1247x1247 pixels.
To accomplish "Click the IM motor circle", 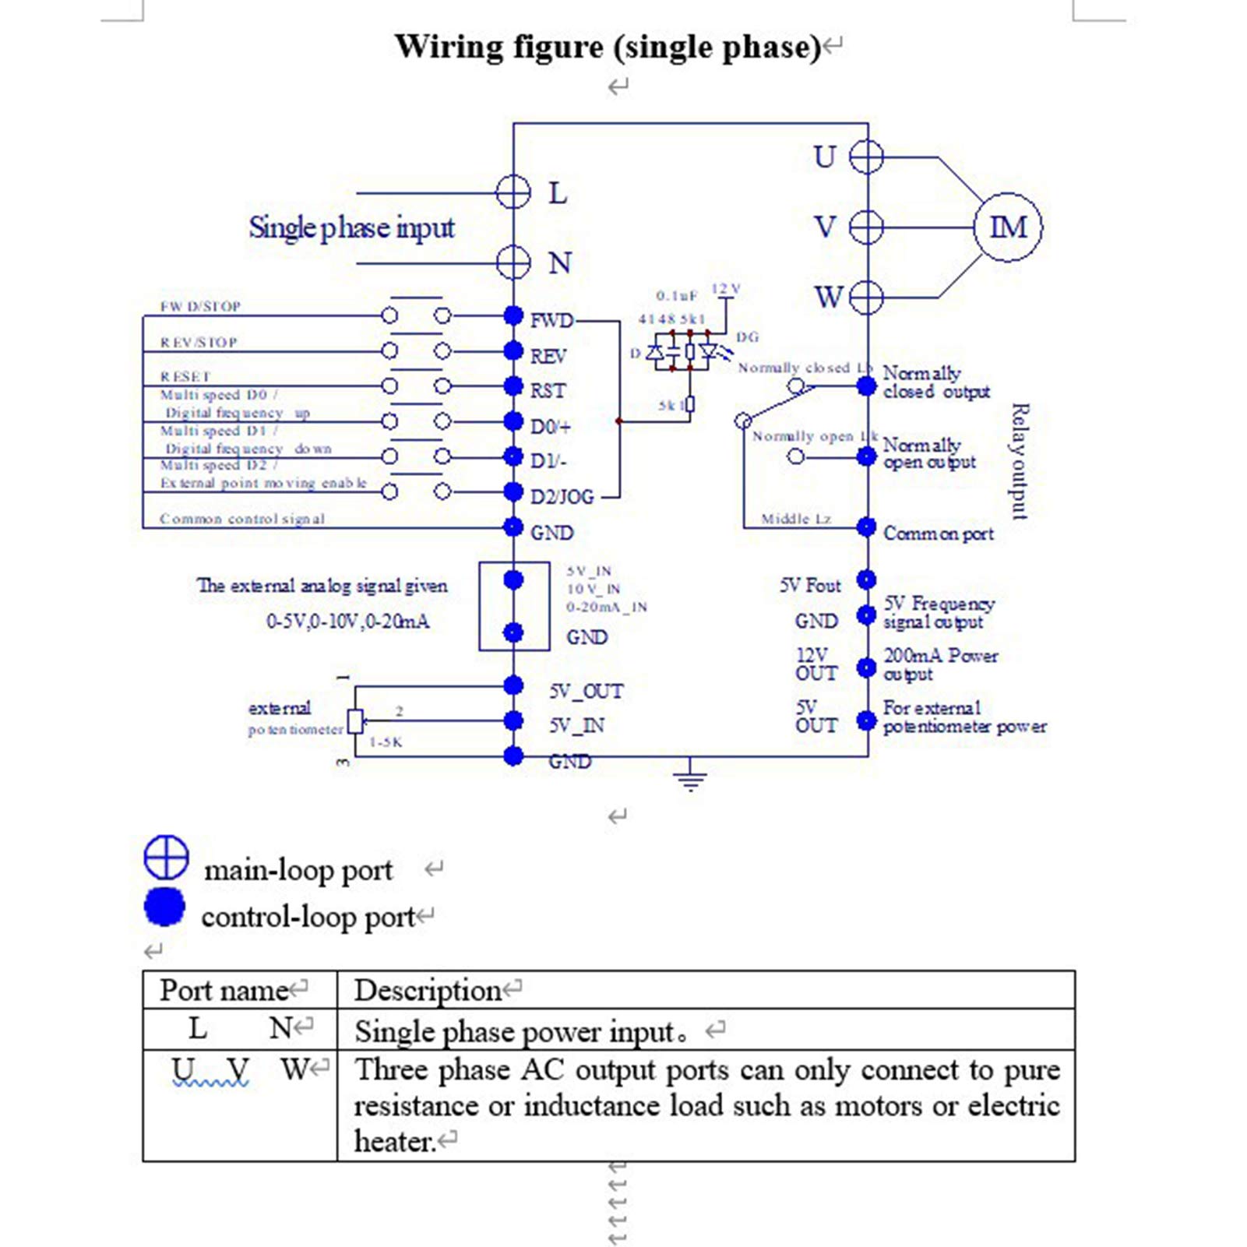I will [1008, 227].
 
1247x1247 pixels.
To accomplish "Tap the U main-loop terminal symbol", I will [866, 157].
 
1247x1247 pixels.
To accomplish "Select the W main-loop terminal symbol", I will [866, 298].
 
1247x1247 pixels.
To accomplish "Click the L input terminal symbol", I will [513, 192].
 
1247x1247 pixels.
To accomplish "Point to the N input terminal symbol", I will [513, 262].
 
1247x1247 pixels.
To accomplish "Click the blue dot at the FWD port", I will [513, 315].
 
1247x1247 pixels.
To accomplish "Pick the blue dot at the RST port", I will [513, 386].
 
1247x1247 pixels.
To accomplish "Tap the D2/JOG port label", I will [562, 497].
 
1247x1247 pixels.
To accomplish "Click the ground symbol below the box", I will [690, 777].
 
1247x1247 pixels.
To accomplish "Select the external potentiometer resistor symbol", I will [355, 722].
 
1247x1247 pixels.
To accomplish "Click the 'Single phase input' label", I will [351, 228].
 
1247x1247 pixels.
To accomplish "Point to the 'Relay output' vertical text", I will [1020, 461].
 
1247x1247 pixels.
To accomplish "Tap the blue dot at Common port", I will [867, 527].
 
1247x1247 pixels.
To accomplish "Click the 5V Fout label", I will [810, 586].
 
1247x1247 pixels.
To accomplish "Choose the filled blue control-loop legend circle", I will [164, 907].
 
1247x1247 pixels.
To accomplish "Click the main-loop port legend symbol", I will [166, 858].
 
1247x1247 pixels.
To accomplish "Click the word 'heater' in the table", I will [393, 1142].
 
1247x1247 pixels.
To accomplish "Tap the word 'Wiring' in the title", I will [449, 47].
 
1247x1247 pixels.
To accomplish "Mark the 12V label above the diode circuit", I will [725, 289].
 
